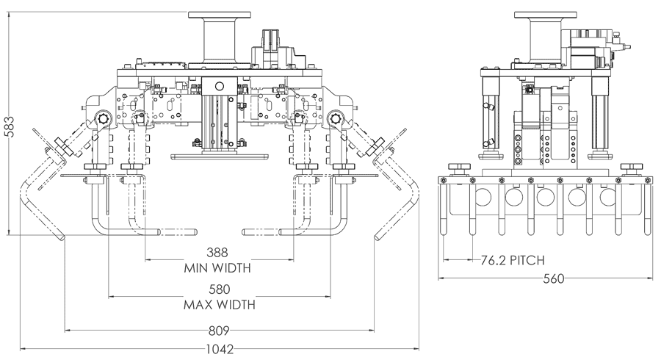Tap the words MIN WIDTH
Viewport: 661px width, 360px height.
(217, 267)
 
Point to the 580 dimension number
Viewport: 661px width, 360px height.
(217, 289)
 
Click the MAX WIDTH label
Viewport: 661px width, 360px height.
(217, 304)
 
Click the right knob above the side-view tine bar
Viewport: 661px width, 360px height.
(630, 170)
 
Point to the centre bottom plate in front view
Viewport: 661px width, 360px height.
(218, 156)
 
